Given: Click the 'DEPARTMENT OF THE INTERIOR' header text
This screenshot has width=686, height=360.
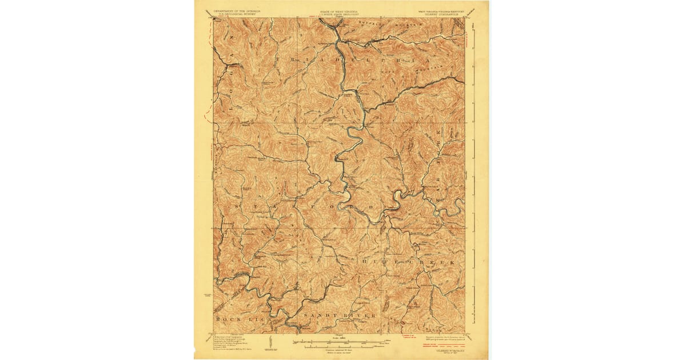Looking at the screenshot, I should tap(237, 10).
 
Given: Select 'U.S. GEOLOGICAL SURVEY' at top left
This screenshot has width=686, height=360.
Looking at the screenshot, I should tap(237, 14).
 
